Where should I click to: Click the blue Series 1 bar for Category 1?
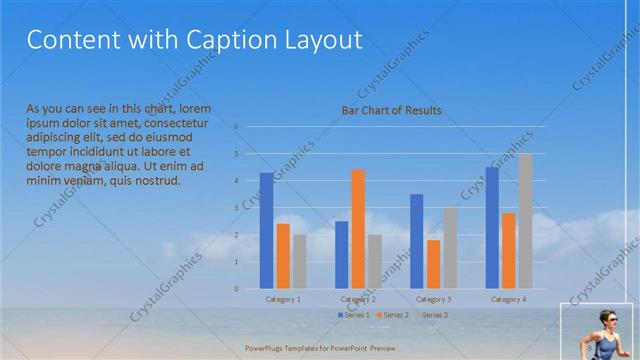click(266, 231)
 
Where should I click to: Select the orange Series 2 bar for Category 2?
click(358, 229)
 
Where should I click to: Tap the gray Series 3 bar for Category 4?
click(525, 221)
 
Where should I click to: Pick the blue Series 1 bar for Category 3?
click(416, 241)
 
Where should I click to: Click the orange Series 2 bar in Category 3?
click(433, 264)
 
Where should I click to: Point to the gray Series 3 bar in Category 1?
click(299, 262)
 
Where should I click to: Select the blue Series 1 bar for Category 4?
click(491, 227)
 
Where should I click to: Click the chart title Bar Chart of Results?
click(384, 110)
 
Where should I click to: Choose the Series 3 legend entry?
click(433, 315)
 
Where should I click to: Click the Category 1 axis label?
click(283, 299)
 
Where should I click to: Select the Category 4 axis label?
click(508, 299)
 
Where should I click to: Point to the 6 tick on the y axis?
click(237, 127)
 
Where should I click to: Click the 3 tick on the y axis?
click(237, 208)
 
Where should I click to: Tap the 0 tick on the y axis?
click(237, 289)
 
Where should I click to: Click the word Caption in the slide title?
click(231, 41)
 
